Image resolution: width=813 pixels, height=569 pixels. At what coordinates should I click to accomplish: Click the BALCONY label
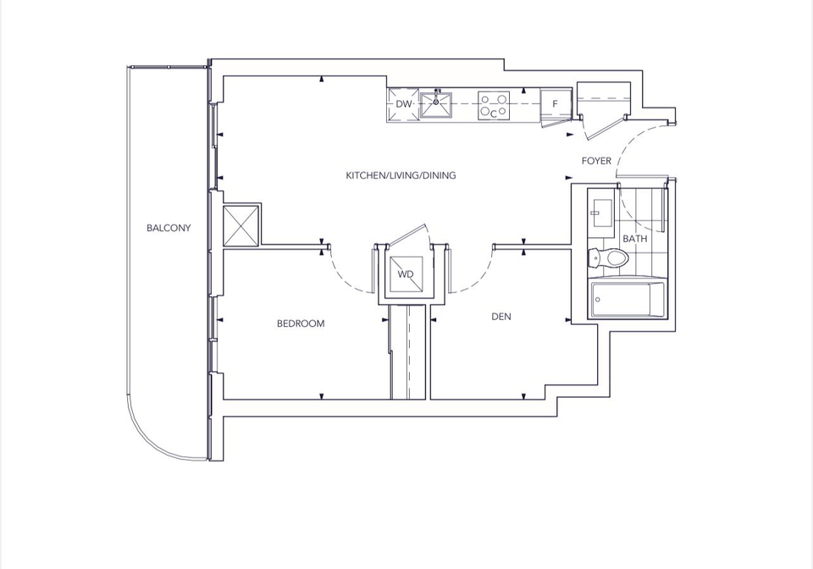click(x=169, y=228)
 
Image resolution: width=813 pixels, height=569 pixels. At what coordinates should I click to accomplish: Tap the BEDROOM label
click(x=301, y=323)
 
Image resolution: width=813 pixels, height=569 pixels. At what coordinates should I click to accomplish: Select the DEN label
click(x=501, y=316)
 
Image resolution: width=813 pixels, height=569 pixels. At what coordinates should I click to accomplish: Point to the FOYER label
click(x=596, y=161)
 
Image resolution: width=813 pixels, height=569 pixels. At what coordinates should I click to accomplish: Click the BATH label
click(x=634, y=239)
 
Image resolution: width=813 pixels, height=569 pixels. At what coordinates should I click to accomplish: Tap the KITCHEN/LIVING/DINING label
click(x=401, y=175)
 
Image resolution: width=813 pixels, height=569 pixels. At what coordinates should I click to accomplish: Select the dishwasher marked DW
click(x=403, y=104)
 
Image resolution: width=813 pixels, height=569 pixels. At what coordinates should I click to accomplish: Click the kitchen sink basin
click(x=435, y=105)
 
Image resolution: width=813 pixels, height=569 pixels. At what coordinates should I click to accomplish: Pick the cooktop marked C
click(x=494, y=106)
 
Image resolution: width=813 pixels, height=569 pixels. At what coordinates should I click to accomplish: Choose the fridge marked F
click(x=556, y=103)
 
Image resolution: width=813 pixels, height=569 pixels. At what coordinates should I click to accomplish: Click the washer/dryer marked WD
click(x=406, y=274)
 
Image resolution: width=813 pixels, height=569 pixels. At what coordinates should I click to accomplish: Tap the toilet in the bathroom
click(x=608, y=257)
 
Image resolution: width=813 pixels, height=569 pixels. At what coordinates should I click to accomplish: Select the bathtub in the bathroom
click(x=628, y=300)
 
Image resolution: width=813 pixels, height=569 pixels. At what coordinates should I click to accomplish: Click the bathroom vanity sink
click(x=601, y=213)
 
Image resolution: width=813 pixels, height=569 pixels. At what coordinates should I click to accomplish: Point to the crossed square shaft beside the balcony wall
click(x=241, y=225)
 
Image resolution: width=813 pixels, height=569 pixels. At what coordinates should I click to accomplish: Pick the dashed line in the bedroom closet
click(x=409, y=352)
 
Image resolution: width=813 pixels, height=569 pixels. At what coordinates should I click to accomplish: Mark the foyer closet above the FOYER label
click(x=604, y=98)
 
